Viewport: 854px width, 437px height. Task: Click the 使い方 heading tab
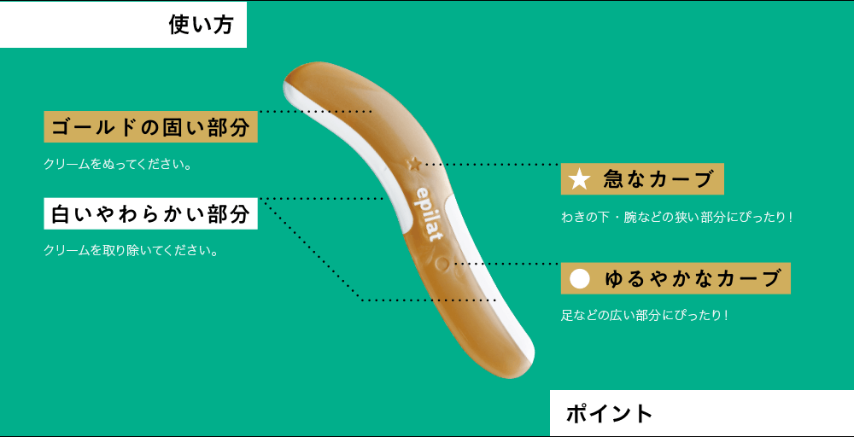tap(201, 25)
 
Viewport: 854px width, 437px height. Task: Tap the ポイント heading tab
tap(609, 414)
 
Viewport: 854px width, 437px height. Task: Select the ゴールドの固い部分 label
tap(150, 128)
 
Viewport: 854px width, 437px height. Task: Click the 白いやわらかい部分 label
tap(150, 214)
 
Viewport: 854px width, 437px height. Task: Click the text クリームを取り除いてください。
tap(130, 251)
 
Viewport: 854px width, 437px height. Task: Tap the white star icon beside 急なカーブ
tap(580, 179)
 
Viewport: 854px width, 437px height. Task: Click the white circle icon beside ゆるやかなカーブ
tap(580, 278)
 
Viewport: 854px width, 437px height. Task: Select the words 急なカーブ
tap(658, 179)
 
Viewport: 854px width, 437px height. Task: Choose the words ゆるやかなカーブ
tap(692, 278)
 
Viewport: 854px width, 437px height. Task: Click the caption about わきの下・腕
tap(677, 218)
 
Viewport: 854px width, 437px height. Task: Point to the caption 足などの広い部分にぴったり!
tap(645, 315)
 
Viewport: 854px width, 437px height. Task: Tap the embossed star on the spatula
tap(415, 162)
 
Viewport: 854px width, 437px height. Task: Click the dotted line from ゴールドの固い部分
tap(316, 112)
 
